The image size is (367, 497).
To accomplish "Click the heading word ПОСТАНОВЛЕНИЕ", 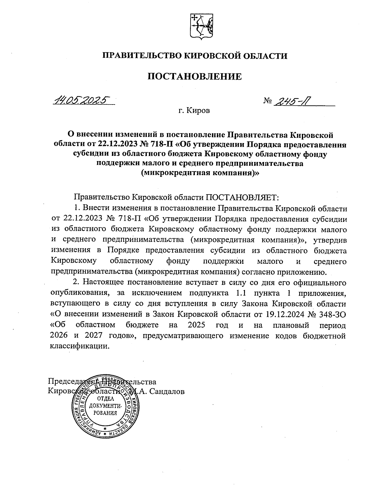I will pos(195,76).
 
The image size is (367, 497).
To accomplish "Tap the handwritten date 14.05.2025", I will pos(82,100).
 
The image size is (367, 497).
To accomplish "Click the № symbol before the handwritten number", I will pos(267,101).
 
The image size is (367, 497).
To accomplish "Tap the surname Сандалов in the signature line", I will pos(166,391).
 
